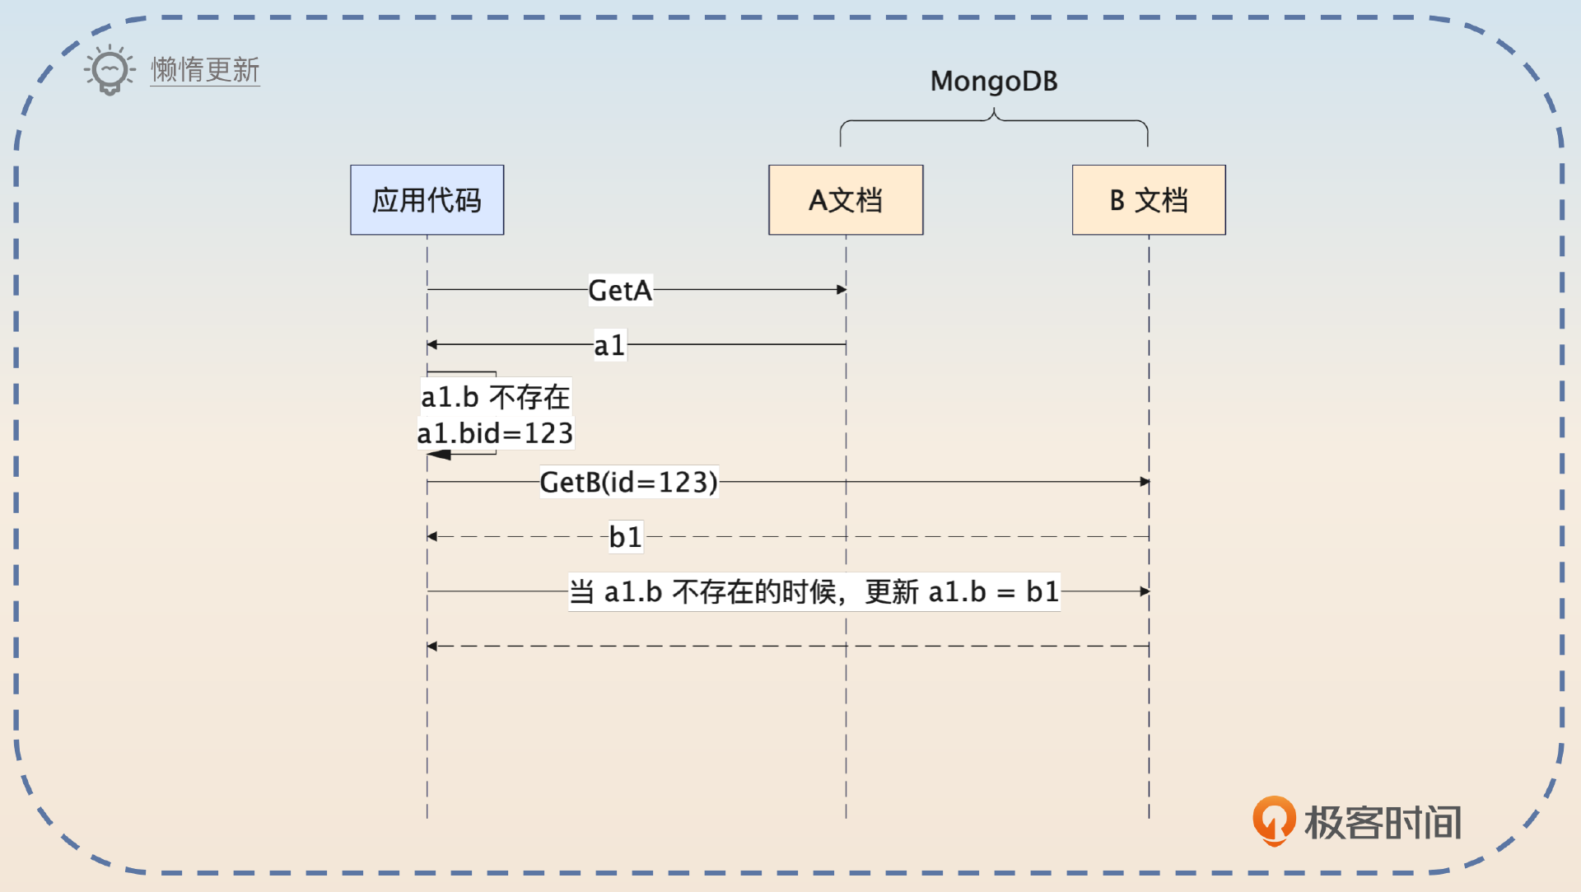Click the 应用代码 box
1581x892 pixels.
coord(427,200)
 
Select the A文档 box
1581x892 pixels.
coord(846,200)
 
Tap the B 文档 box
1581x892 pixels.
coord(1149,200)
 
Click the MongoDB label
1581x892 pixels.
coord(994,82)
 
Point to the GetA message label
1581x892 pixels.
coord(620,290)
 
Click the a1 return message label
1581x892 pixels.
coord(609,345)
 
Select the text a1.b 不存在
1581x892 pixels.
coord(495,397)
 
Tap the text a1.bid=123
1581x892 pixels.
coord(495,433)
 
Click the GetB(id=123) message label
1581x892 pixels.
coord(628,482)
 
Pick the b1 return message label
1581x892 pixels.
coord(625,537)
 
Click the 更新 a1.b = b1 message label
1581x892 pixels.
coord(814,591)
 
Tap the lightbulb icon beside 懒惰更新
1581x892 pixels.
coord(110,70)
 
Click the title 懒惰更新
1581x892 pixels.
coord(205,70)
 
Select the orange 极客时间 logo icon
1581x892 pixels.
coord(1273,820)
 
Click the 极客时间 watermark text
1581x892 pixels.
coord(1383,822)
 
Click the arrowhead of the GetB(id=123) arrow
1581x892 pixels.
coord(1145,482)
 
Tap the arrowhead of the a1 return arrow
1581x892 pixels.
coord(432,345)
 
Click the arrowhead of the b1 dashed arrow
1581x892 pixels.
coord(432,537)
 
